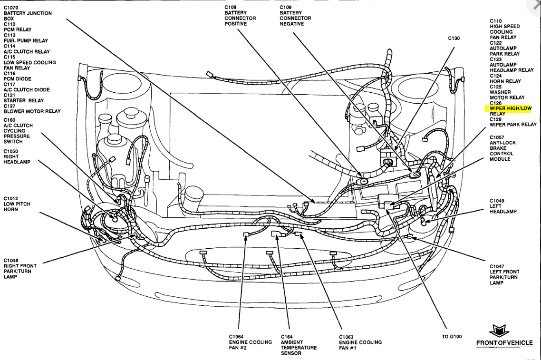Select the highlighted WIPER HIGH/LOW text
(x=511, y=108)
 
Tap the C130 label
(x=454, y=39)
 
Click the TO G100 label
(x=452, y=337)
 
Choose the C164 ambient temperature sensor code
(x=286, y=337)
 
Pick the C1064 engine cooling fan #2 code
(x=237, y=337)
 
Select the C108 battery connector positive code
(x=231, y=7)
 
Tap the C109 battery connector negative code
(x=286, y=7)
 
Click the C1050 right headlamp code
(x=11, y=151)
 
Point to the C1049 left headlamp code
(x=497, y=201)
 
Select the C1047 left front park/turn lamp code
(x=497, y=266)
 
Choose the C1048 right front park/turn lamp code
(x=11, y=260)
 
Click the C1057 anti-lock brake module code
(x=497, y=137)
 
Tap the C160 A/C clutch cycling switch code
(x=10, y=120)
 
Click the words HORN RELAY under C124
(x=505, y=81)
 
